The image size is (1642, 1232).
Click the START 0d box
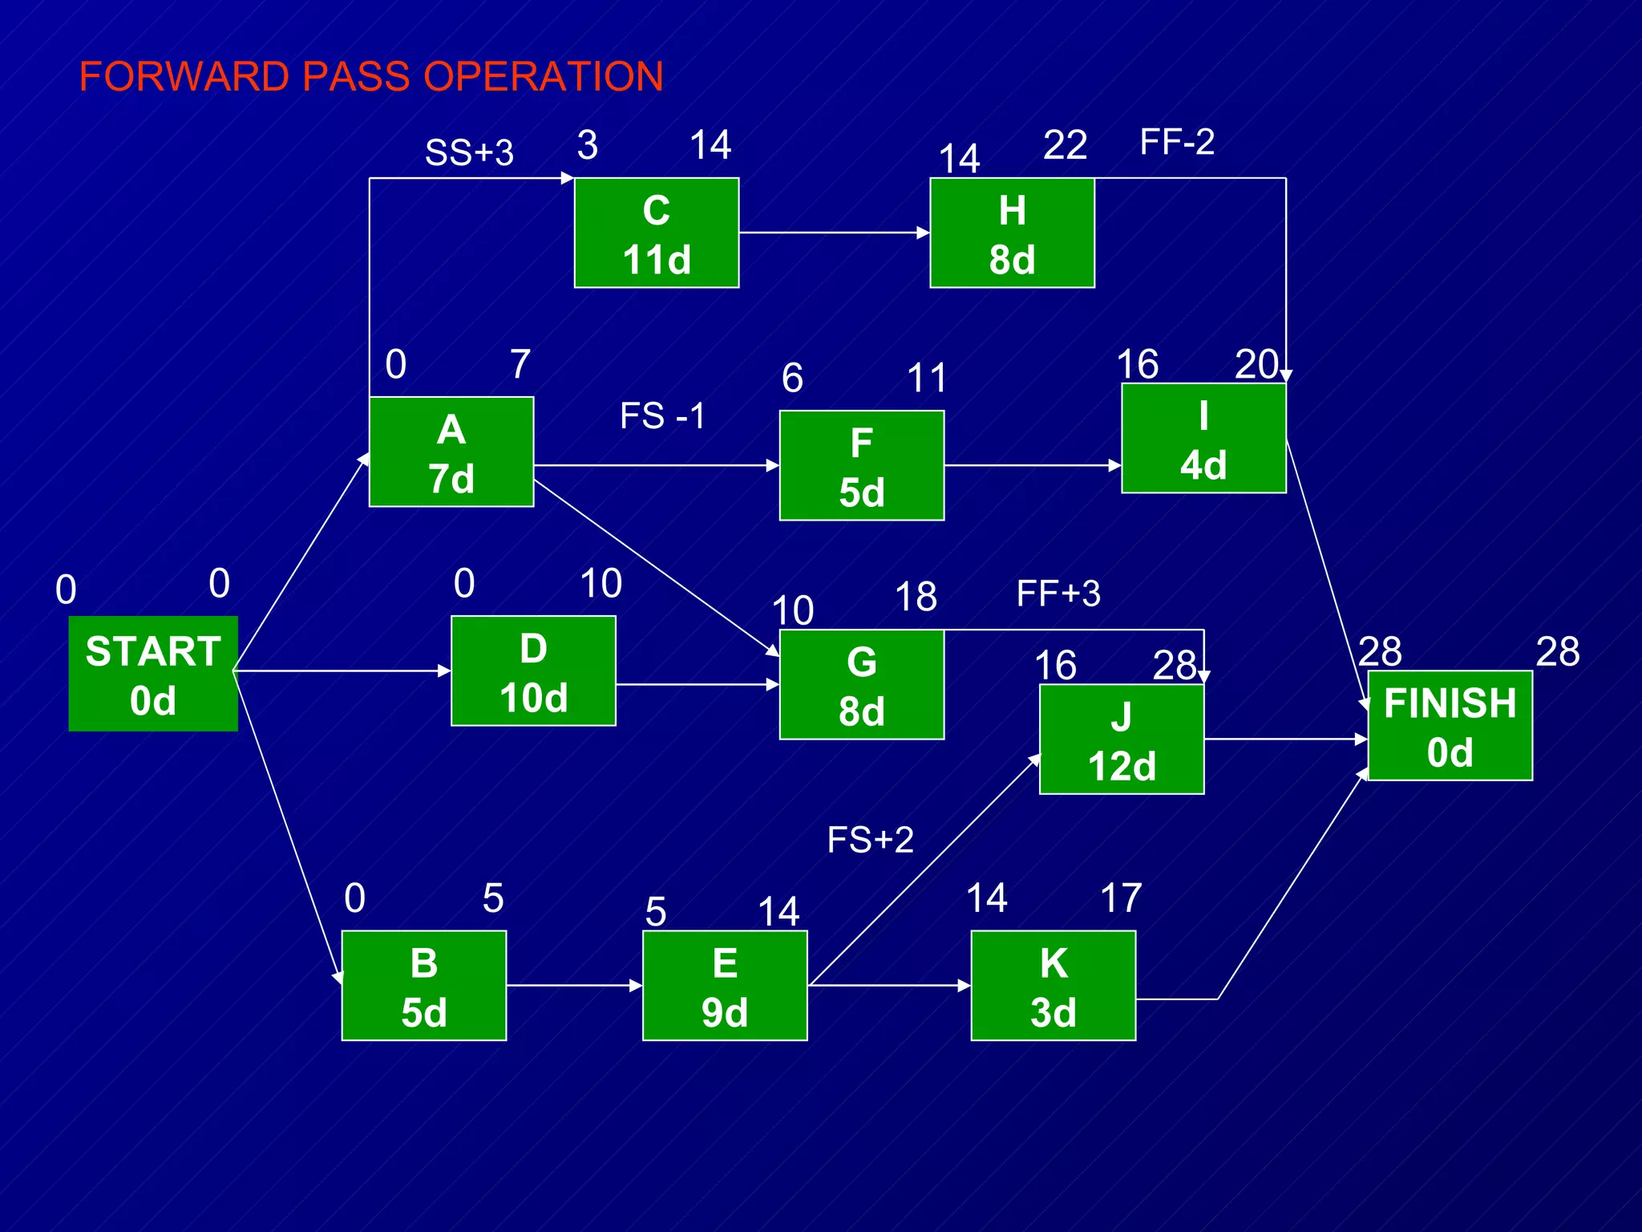click(x=153, y=674)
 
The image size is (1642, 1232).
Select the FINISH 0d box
click(x=1450, y=726)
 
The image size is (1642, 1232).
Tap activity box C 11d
click(x=657, y=233)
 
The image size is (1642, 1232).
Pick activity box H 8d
click(x=1012, y=233)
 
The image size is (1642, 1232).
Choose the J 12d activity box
click(x=1122, y=740)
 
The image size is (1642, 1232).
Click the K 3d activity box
click(x=1054, y=986)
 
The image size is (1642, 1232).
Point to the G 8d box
click(x=862, y=684)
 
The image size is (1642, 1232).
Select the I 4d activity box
click(x=1203, y=438)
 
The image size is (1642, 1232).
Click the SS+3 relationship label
click(x=469, y=152)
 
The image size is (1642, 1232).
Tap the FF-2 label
click(x=1177, y=142)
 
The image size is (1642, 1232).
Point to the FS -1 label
click(x=662, y=415)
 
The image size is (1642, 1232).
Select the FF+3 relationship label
click(x=1058, y=594)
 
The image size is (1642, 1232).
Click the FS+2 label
click(x=870, y=840)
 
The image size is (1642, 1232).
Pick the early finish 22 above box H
click(x=1065, y=145)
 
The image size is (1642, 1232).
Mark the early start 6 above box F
click(x=792, y=378)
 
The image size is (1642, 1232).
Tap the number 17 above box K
click(x=1121, y=898)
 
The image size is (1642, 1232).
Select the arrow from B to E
click(x=574, y=986)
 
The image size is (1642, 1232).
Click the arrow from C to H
click(x=834, y=233)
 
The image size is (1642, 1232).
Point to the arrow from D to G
click(x=698, y=684)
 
